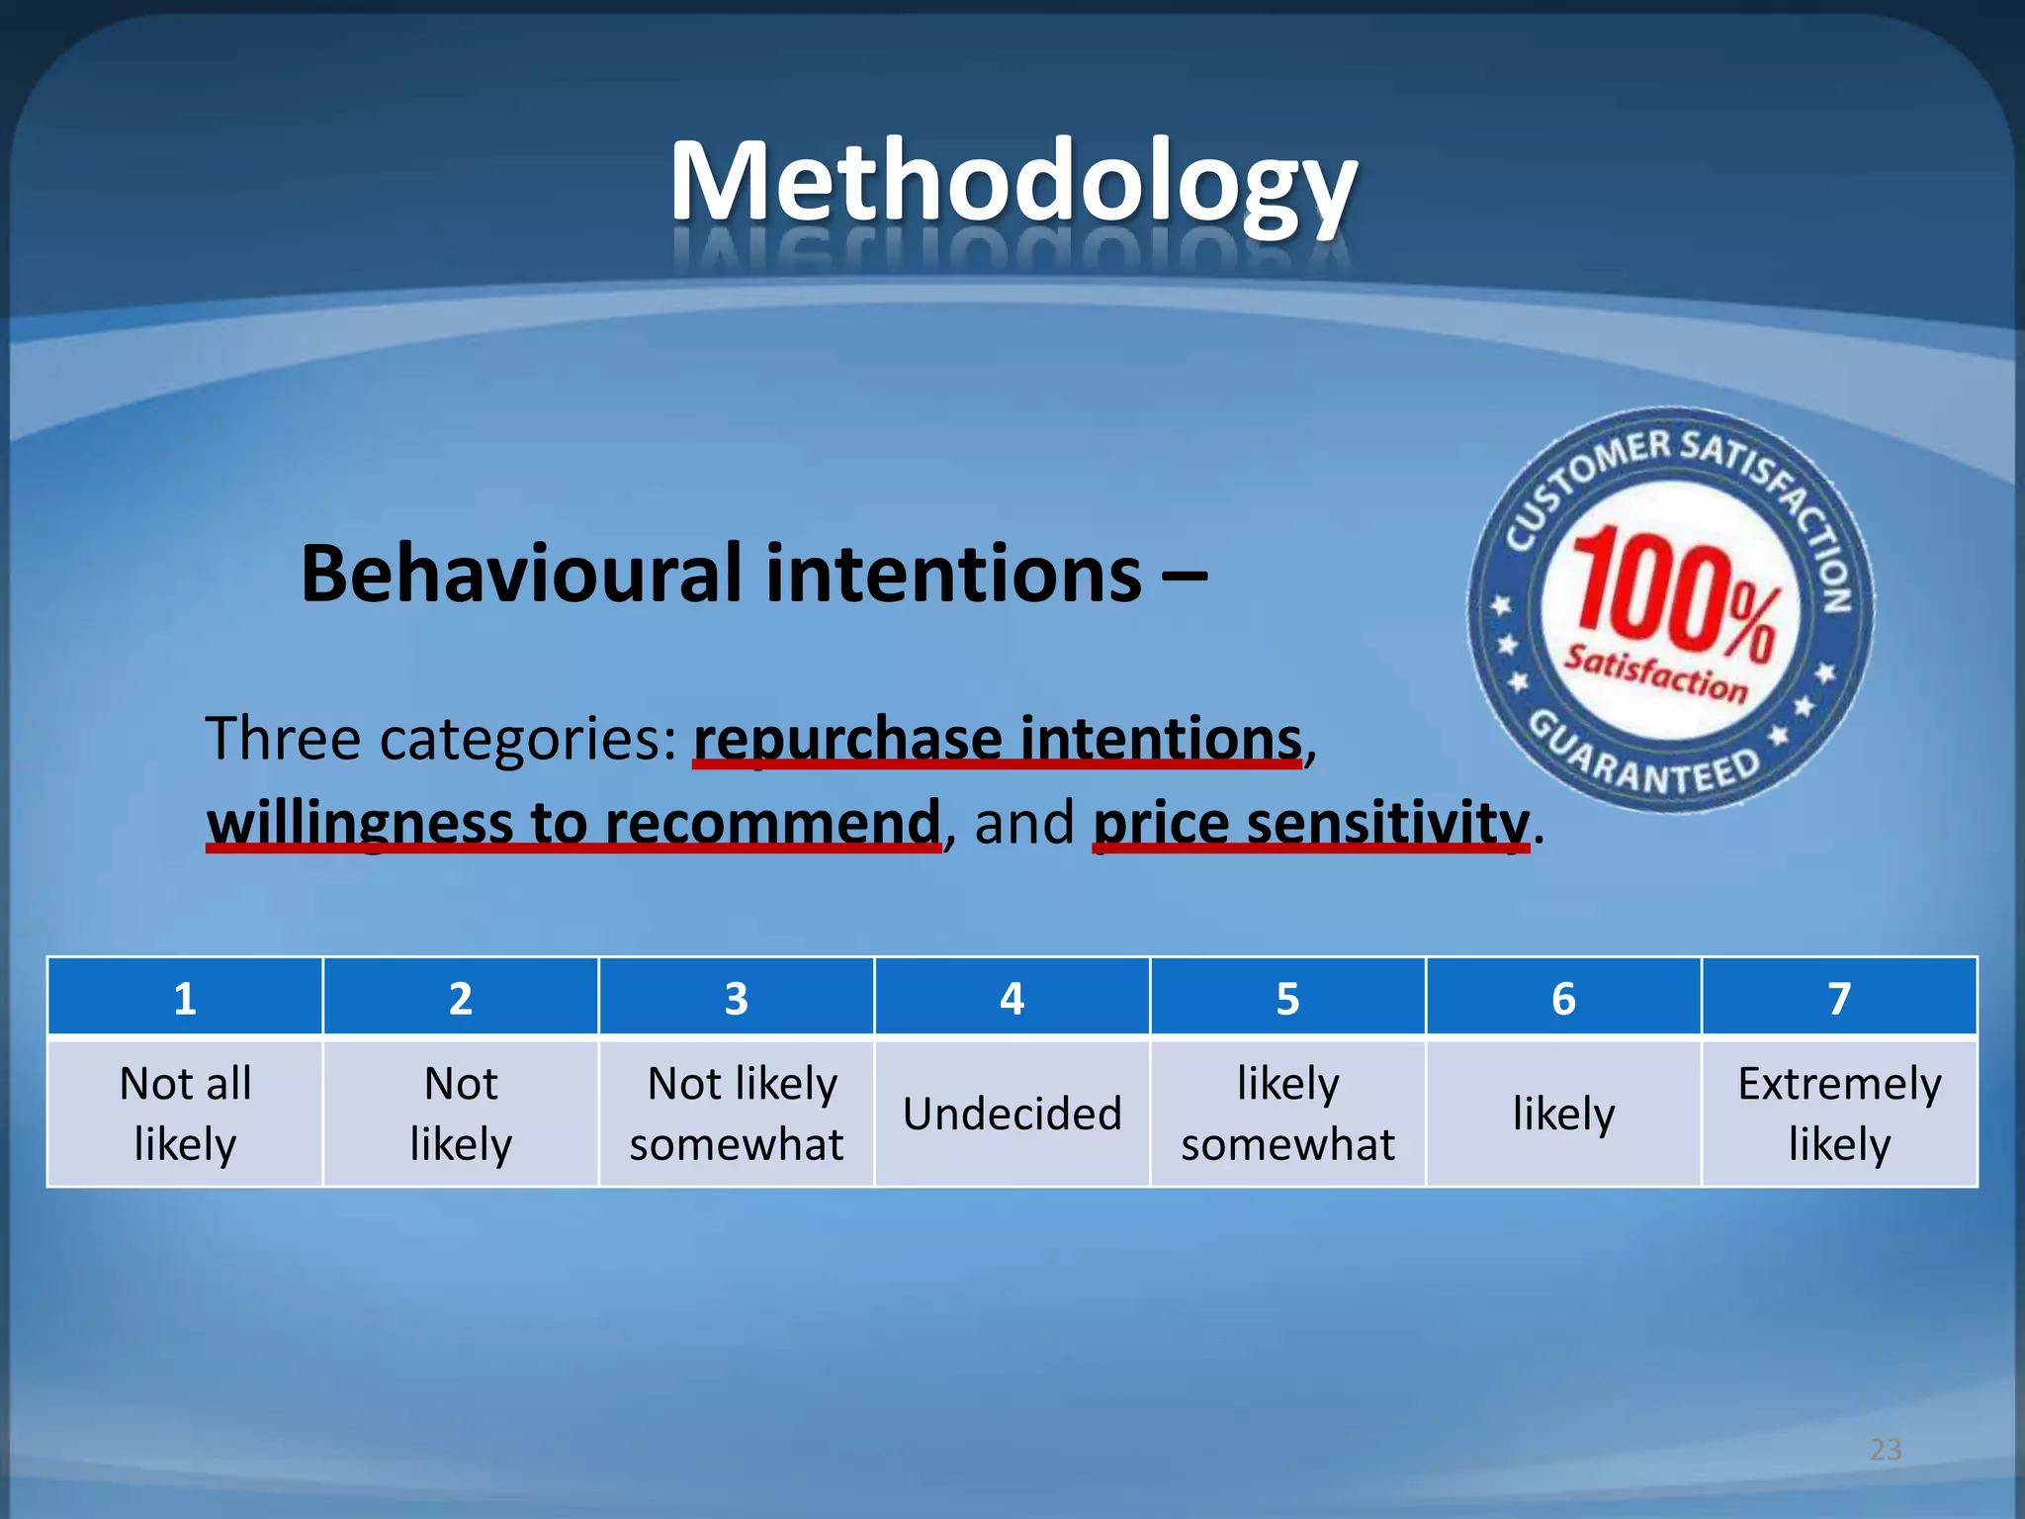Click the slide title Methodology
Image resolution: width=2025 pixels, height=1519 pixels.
point(1012,183)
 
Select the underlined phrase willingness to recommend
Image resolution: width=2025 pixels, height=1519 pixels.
point(573,822)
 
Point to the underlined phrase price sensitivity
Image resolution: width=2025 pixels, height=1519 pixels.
point(1311,822)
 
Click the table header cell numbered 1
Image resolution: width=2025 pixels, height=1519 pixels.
point(185,998)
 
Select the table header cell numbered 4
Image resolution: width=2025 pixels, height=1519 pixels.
point(1012,998)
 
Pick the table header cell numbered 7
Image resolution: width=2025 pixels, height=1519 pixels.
point(1839,998)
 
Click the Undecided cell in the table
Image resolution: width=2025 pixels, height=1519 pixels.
point(1012,1114)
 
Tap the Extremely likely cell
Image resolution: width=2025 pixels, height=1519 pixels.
point(1839,1114)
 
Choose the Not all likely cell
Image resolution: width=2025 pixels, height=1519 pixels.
point(185,1114)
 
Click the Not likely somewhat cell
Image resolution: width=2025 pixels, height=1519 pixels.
point(737,1114)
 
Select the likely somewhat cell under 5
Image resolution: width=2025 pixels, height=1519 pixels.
point(1287,1114)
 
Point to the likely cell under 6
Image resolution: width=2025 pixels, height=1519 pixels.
point(1563,1114)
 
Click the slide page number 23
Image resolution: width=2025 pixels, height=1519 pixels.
point(1886,1450)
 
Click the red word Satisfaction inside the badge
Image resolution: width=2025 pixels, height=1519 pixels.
point(1655,672)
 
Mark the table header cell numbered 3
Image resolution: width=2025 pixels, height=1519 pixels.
point(737,998)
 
